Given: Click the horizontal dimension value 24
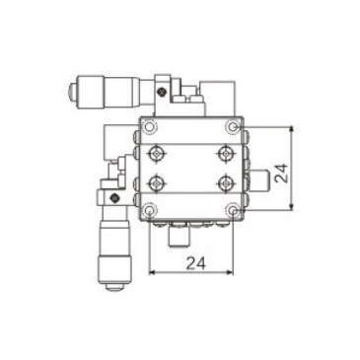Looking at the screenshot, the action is click(x=195, y=263).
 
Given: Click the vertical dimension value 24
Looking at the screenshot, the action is click(x=281, y=173).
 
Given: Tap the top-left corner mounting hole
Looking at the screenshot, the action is click(x=149, y=127).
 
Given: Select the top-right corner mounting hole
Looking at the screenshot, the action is click(x=233, y=126).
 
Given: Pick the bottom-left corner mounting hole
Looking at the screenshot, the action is click(x=149, y=210).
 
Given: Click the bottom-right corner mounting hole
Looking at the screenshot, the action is click(x=233, y=210).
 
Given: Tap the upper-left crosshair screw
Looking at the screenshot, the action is click(x=158, y=153).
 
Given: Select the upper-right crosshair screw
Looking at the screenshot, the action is click(x=226, y=153).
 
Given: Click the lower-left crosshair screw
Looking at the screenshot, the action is click(x=158, y=183).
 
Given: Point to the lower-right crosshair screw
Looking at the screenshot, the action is click(x=226, y=183).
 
